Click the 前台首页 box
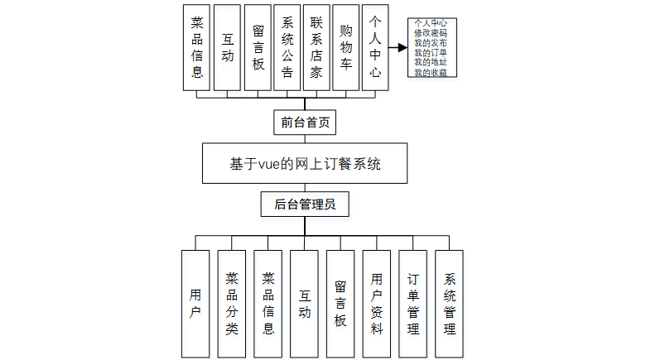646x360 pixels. click(305, 122)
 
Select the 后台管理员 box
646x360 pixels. click(305, 204)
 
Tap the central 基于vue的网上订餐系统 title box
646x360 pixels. click(305, 163)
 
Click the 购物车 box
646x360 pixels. click(346, 47)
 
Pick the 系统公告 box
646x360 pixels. click(287, 47)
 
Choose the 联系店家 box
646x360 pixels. click(316, 47)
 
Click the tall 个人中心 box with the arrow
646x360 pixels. click(375, 47)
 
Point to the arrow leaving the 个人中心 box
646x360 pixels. click(398, 48)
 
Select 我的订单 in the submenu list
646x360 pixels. click(431, 53)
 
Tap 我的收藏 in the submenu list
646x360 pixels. click(431, 73)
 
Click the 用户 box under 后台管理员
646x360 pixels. click(195, 303)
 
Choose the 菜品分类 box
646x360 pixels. click(232, 303)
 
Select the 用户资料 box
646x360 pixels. click(377, 303)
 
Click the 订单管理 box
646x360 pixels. click(413, 303)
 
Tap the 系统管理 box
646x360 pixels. click(449, 303)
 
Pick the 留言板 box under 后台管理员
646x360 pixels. click(340, 303)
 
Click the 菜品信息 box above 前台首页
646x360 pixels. click(197, 47)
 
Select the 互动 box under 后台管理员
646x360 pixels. click(304, 303)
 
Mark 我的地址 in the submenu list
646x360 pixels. click(431, 63)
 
